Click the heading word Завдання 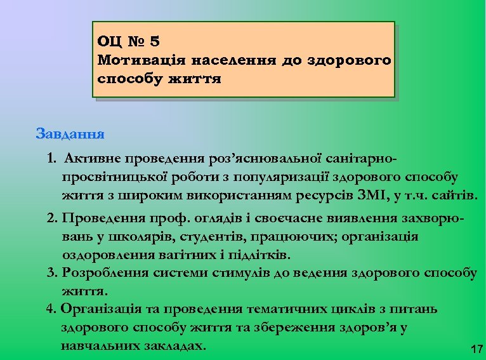coord(70,135)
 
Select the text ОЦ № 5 coord(129,42)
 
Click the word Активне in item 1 coord(93,157)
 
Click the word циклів coord(345,309)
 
